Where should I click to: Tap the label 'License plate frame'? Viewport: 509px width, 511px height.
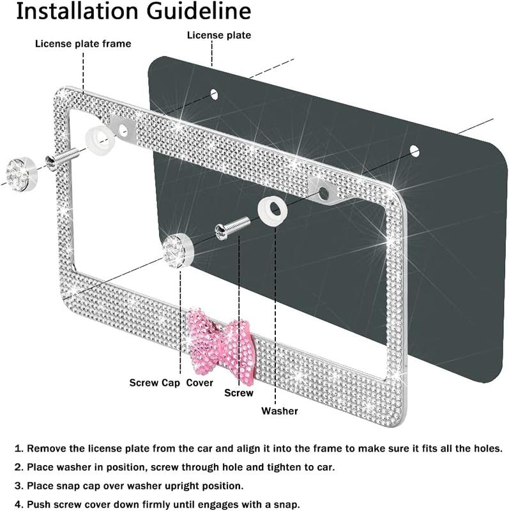click(83, 43)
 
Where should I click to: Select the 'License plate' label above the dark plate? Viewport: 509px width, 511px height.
click(218, 35)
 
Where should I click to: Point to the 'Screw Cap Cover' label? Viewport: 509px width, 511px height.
click(171, 383)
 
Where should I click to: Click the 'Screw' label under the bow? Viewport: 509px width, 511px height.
click(238, 393)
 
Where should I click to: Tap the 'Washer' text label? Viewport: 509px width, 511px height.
click(279, 411)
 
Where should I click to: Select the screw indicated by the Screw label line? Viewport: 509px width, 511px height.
click(233, 226)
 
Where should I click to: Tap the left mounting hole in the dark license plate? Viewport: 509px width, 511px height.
click(214, 94)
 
